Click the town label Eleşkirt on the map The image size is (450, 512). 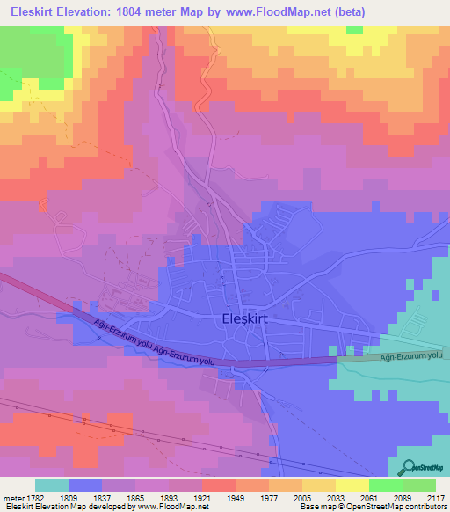click(241, 321)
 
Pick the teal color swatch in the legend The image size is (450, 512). click(52, 485)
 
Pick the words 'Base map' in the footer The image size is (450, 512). click(313, 508)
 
